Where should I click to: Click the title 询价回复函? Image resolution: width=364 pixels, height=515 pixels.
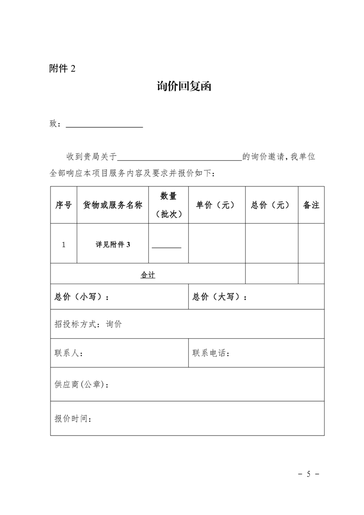click(x=184, y=87)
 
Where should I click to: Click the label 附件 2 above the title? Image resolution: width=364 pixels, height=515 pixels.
click(x=62, y=68)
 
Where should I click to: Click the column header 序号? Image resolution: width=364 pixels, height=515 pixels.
click(x=63, y=205)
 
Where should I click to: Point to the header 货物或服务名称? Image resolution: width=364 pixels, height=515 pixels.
click(x=112, y=205)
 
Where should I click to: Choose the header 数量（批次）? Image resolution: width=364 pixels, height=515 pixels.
click(x=168, y=205)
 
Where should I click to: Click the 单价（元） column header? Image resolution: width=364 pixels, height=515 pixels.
click(x=216, y=205)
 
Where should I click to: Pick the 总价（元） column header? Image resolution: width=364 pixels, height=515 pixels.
click(x=271, y=205)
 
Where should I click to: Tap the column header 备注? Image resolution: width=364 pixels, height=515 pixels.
click(x=311, y=205)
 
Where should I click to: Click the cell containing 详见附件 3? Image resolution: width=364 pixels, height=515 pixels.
click(x=113, y=245)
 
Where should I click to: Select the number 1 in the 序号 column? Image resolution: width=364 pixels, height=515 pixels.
click(x=63, y=245)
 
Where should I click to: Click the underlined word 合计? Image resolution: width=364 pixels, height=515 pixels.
click(x=148, y=275)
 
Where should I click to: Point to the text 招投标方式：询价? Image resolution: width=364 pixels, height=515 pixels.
click(x=89, y=324)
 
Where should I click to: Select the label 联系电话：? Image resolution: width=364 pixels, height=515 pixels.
click(x=211, y=353)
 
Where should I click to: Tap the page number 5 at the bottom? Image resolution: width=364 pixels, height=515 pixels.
click(x=308, y=474)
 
